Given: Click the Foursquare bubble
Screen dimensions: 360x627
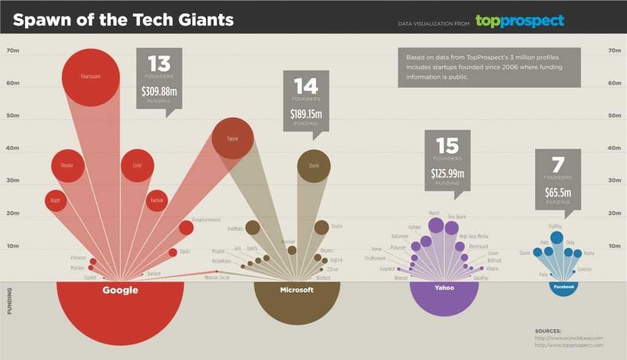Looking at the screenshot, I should point(90,77).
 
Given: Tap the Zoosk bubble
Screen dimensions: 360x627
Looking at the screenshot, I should point(313,165).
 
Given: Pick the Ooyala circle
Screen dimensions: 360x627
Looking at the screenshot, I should point(67,165).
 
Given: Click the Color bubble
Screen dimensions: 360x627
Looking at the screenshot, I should point(137,165).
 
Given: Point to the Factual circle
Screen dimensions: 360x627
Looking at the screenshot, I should point(157,200).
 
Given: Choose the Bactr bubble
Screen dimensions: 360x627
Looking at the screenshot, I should point(55,200).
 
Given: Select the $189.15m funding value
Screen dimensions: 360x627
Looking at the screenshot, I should point(306,114).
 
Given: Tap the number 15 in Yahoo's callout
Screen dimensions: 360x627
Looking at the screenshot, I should point(448,146).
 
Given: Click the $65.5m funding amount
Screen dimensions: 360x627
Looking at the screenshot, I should point(558,192).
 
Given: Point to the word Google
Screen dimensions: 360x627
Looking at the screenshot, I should point(120,290).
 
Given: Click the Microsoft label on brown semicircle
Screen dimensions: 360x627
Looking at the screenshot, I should point(296,290).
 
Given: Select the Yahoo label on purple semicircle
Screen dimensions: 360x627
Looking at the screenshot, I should point(444,287).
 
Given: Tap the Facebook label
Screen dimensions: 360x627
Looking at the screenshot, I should point(563,287).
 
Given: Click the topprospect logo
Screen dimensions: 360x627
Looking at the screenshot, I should point(519,21).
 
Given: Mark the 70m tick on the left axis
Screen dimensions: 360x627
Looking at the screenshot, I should point(13,51).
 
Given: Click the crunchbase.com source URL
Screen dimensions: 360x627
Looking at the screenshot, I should point(569,338).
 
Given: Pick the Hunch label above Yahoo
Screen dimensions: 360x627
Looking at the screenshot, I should point(435,213).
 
